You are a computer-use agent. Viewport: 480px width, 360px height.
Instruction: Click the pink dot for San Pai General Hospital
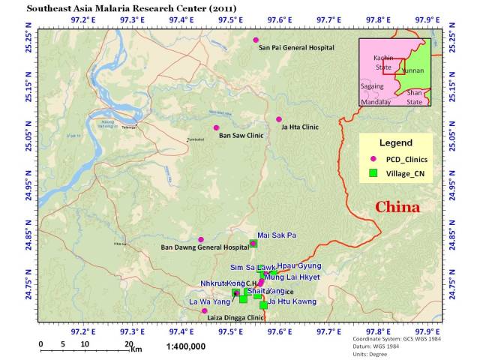256,40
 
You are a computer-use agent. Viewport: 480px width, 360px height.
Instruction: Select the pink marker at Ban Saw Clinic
216,127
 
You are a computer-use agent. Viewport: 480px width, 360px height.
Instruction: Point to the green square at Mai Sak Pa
253,243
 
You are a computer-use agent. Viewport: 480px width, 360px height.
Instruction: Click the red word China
397,207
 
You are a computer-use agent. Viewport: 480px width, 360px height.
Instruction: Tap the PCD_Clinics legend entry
405,159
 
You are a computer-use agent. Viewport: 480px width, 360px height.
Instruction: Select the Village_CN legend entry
404,173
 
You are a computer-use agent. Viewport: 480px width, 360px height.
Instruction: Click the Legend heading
395,142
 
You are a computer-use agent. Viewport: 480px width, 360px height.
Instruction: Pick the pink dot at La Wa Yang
204,310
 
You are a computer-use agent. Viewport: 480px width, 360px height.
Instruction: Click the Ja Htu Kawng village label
292,301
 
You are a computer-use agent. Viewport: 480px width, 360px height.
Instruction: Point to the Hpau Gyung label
299,266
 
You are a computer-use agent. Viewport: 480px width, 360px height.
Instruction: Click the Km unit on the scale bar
136,349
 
